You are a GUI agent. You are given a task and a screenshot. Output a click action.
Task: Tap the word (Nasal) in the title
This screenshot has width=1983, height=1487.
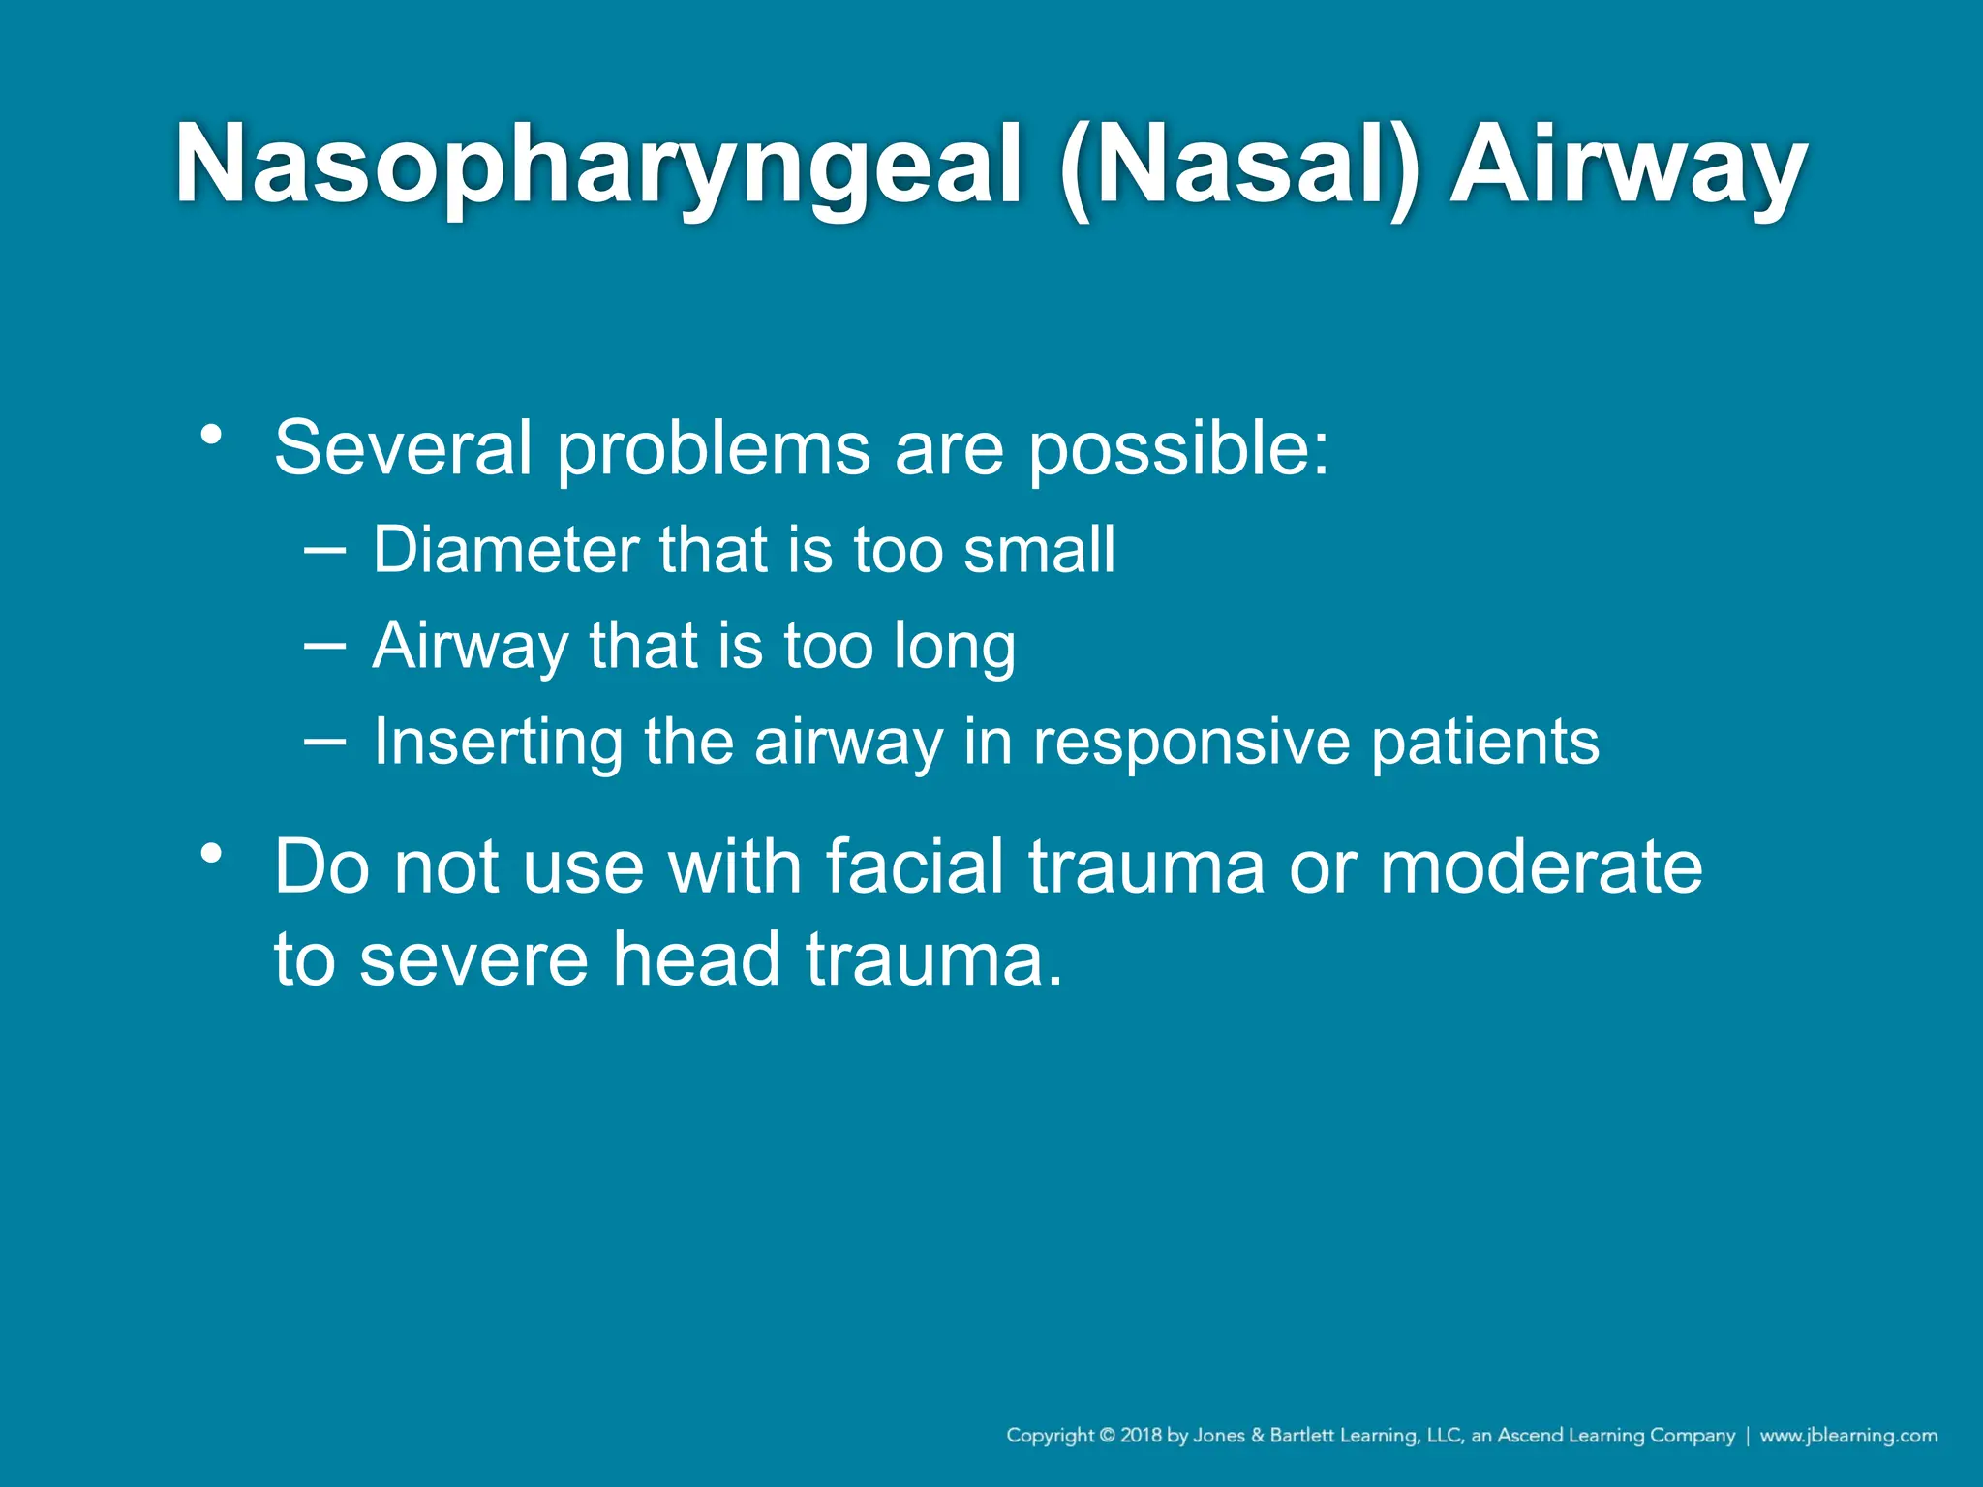coord(1240,167)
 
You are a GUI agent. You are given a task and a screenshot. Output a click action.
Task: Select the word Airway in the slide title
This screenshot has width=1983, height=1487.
coord(1628,167)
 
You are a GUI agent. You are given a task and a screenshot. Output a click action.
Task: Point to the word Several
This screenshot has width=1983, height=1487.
coord(403,448)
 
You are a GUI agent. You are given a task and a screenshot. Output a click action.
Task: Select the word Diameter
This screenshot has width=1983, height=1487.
coord(506,550)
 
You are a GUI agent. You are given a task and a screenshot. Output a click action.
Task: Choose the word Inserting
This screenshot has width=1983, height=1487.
coord(498,742)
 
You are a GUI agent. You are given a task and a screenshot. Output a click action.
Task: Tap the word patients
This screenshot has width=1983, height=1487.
coord(1485,742)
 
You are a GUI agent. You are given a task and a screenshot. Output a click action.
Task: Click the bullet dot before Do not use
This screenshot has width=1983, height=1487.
coord(211,854)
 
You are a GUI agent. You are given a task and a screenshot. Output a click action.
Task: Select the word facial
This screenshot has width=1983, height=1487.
coord(914,866)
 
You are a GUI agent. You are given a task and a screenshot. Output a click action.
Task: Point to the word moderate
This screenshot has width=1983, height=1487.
coord(1541,866)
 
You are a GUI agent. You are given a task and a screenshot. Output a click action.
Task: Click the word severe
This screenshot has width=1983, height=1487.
coord(474,959)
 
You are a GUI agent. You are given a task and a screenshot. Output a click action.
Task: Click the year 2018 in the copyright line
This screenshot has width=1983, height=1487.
coord(1141,1435)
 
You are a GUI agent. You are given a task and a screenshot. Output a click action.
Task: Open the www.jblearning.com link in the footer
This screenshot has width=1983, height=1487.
coord(1848,1435)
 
